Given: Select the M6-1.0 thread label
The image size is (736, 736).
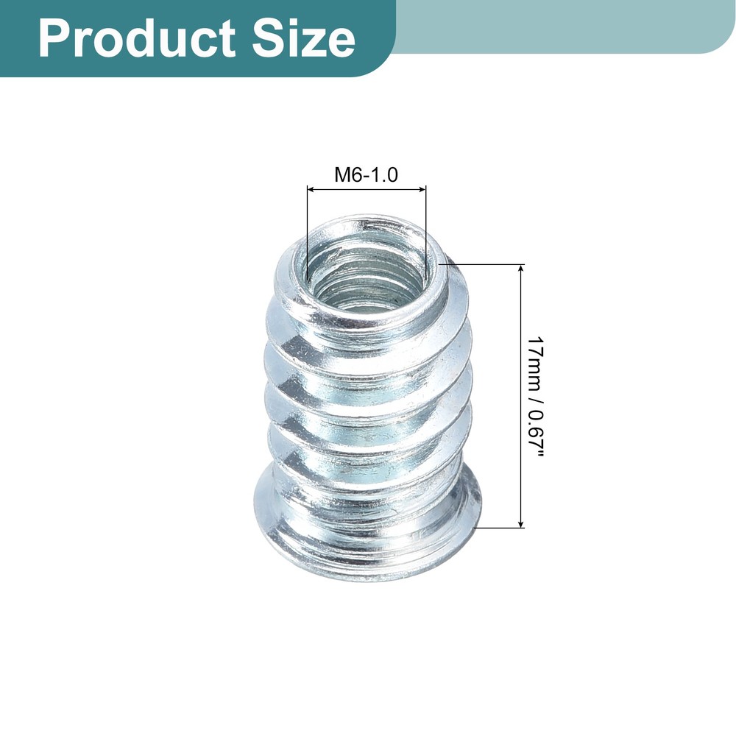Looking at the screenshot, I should pos(366,175).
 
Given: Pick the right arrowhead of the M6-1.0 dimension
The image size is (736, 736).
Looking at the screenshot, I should pos(422,190).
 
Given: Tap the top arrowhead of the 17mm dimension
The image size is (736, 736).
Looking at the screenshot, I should pos(522,269).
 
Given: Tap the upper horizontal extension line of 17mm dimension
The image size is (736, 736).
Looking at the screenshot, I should pos(486,263).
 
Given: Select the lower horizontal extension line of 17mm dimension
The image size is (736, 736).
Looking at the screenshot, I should pos(500,527).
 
